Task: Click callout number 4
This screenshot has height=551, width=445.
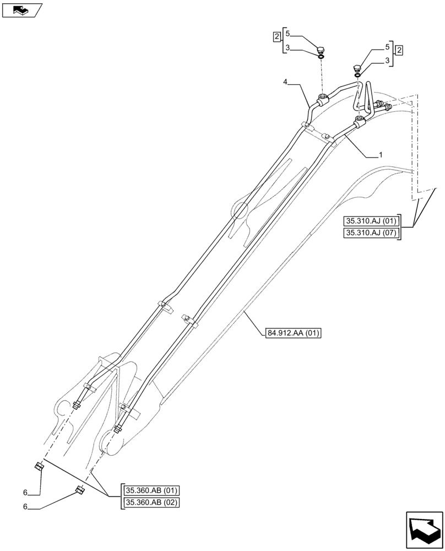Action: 285,82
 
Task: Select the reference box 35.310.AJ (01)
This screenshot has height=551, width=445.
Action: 371,222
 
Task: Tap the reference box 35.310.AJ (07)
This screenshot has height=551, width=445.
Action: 371,233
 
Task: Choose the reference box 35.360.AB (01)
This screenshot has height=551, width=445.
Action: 153,490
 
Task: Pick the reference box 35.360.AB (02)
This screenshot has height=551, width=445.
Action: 153,502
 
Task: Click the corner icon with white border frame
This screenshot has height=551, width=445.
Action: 21,9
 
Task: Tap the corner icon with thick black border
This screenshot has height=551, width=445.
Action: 424,530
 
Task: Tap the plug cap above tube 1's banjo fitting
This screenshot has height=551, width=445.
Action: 356,69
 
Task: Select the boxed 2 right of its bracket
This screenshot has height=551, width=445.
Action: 399,50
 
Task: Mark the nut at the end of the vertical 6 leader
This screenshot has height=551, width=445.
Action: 40,467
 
